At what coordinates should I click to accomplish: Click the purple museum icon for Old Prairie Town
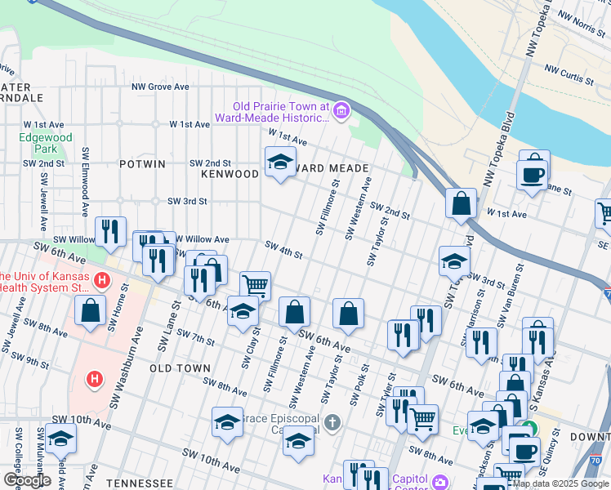click(341, 111)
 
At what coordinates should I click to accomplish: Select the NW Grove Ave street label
click(161, 87)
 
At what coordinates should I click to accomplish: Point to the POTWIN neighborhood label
click(142, 164)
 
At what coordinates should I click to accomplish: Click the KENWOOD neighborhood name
click(230, 174)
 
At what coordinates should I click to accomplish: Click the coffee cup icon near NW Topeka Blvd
click(533, 174)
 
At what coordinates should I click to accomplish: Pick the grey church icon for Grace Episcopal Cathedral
click(331, 422)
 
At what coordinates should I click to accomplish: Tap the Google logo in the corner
click(28, 480)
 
